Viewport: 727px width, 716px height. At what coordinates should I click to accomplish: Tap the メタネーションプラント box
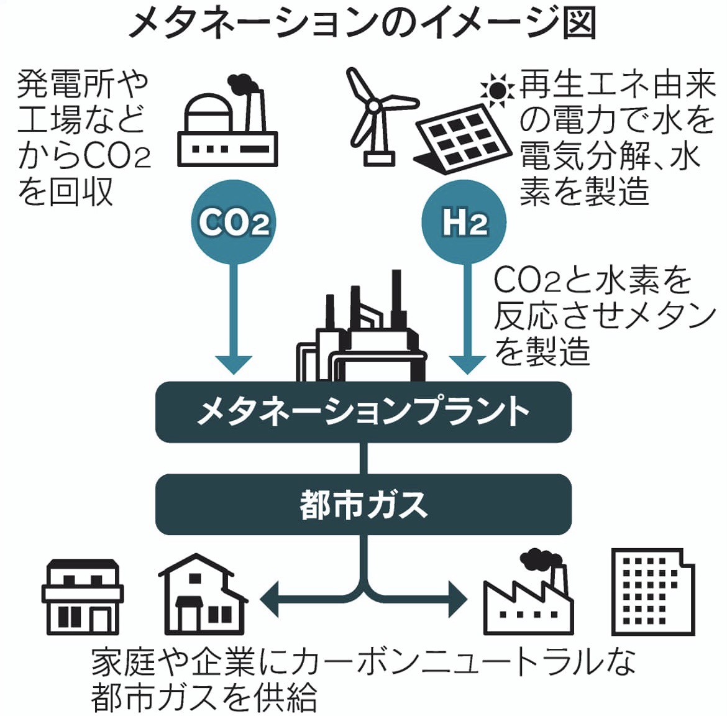coord(363,412)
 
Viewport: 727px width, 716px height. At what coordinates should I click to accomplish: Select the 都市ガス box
coord(363,504)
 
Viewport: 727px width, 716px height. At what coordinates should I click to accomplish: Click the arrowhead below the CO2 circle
coord(234,363)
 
